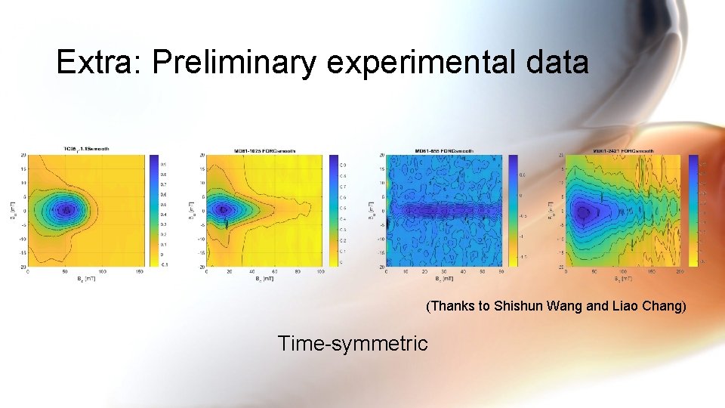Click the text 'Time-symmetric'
[x=352, y=344]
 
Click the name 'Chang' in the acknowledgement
[x=662, y=307]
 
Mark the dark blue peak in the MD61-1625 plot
[x=222, y=209]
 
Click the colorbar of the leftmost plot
[x=154, y=211]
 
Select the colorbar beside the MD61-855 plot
[x=514, y=211]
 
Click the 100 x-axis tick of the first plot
[x=102, y=271]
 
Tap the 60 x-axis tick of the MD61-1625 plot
[x=274, y=271]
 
